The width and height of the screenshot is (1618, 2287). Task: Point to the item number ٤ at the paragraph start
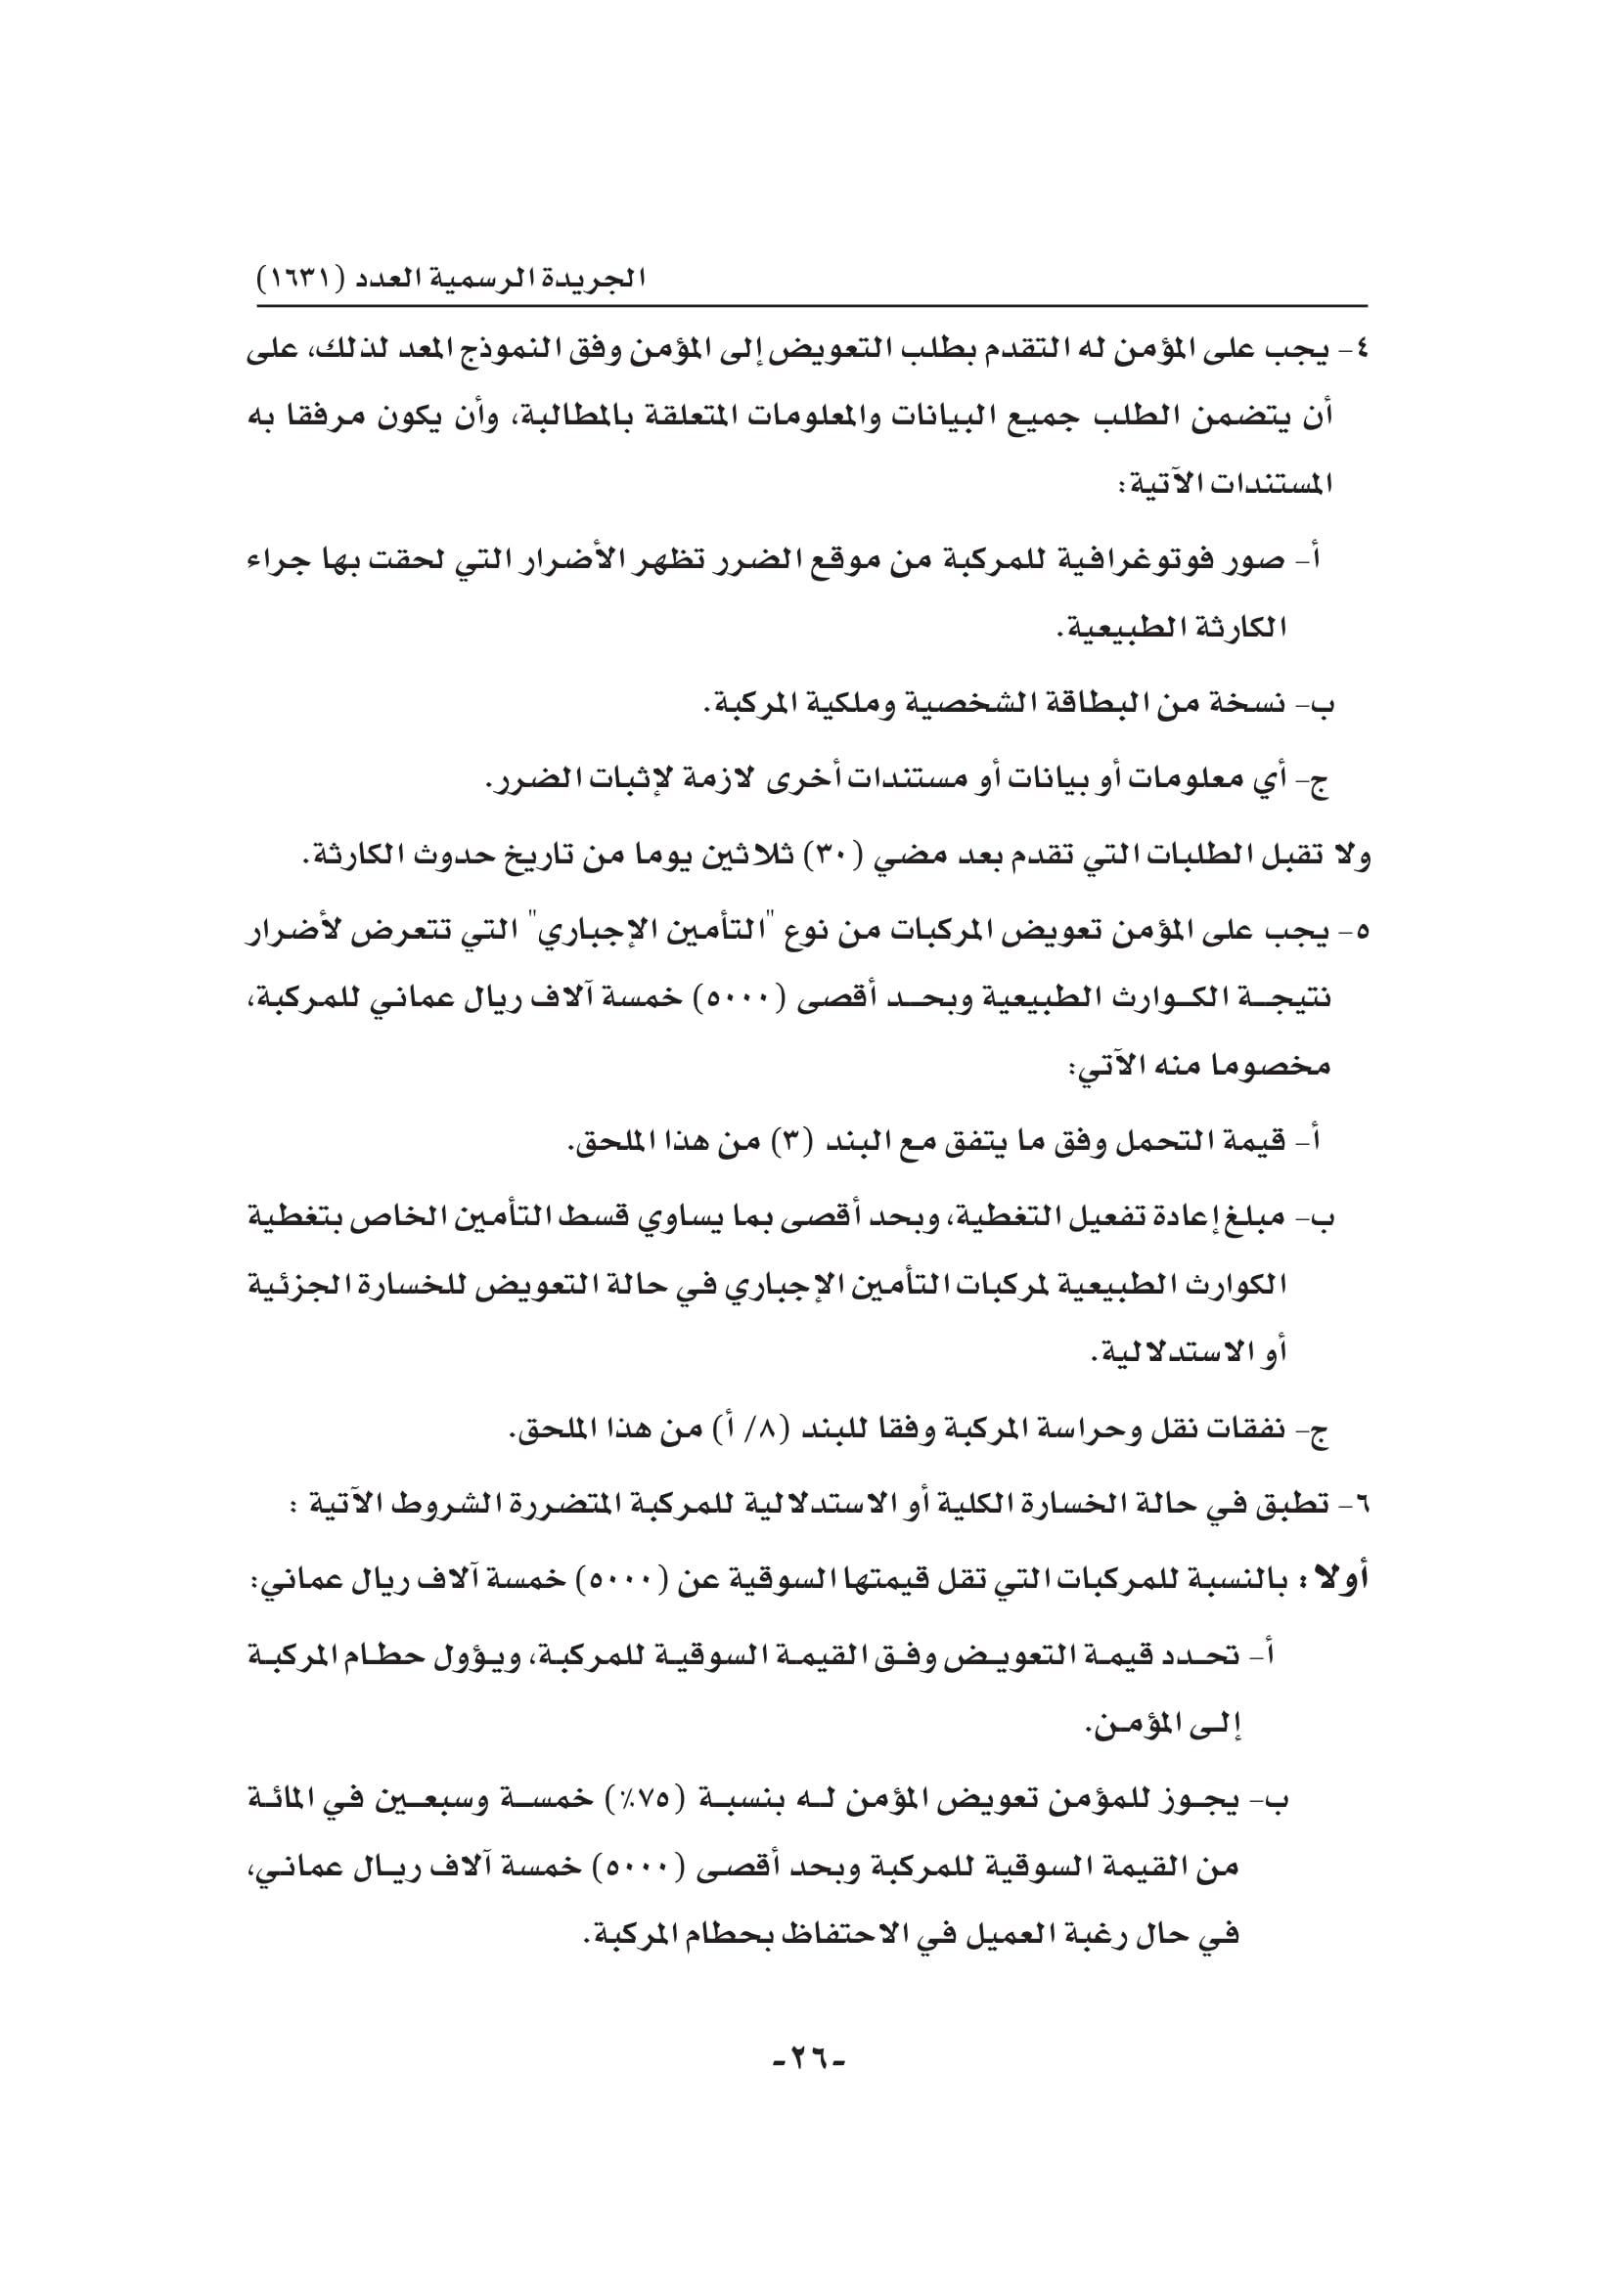pos(1360,352)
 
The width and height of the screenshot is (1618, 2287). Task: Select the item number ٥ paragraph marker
pos(1361,934)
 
